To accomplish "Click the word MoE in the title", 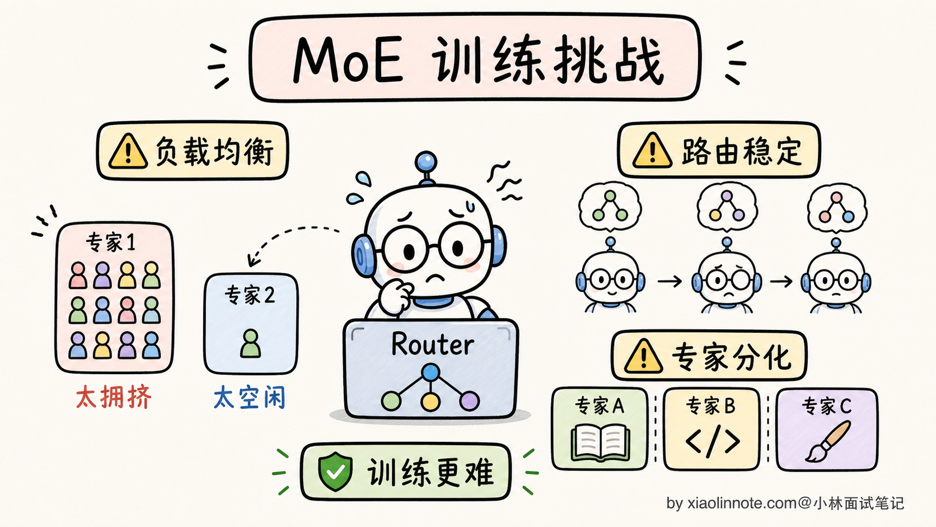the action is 349,60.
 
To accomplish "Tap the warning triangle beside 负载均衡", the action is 128,151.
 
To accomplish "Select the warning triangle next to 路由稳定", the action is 652,151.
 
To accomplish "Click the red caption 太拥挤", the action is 114,397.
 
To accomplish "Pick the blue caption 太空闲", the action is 250,397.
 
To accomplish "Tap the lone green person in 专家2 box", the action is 250,343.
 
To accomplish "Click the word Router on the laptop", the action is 433,344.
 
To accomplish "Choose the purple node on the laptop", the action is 469,401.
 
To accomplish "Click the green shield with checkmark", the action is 335,472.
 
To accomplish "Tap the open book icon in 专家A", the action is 601,442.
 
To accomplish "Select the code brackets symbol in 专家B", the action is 713,441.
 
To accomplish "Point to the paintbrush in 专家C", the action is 828,441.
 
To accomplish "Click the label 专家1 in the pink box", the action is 111,242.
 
